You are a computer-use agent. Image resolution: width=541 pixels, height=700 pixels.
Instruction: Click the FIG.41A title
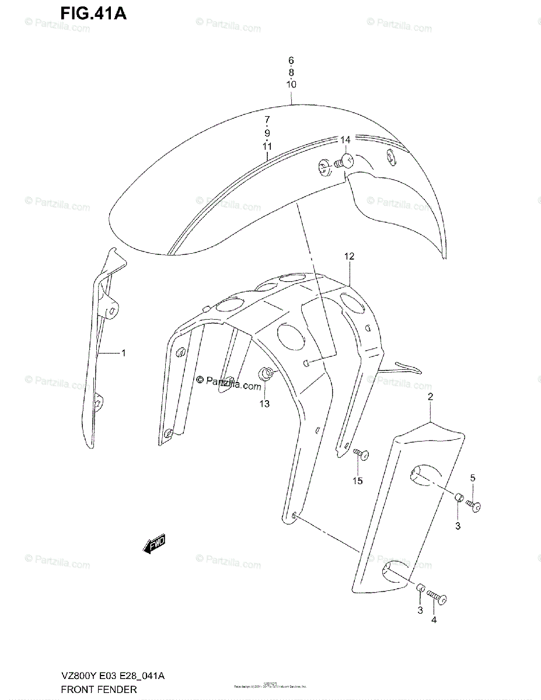(x=93, y=13)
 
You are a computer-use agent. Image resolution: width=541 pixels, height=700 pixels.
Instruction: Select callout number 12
(x=349, y=256)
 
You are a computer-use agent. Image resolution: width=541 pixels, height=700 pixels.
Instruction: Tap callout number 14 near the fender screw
(x=345, y=140)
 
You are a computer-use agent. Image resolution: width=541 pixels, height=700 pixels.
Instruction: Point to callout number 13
(x=264, y=404)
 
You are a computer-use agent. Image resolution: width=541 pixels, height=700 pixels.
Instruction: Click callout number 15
(x=357, y=481)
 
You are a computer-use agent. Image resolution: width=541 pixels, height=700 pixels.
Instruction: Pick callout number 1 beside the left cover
(x=124, y=352)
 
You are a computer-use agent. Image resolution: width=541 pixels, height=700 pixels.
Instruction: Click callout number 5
(x=473, y=478)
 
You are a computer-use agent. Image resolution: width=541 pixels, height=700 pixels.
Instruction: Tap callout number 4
(x=434, y=620)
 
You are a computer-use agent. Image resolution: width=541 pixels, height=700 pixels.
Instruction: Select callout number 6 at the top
(x=291, y=60)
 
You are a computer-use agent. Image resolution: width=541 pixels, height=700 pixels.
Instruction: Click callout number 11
(x=267, y=146)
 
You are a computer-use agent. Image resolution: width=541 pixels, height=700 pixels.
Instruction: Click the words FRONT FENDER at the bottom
(x=99, y=689)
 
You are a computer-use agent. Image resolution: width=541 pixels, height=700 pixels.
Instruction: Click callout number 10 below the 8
(x=291, y=84)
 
